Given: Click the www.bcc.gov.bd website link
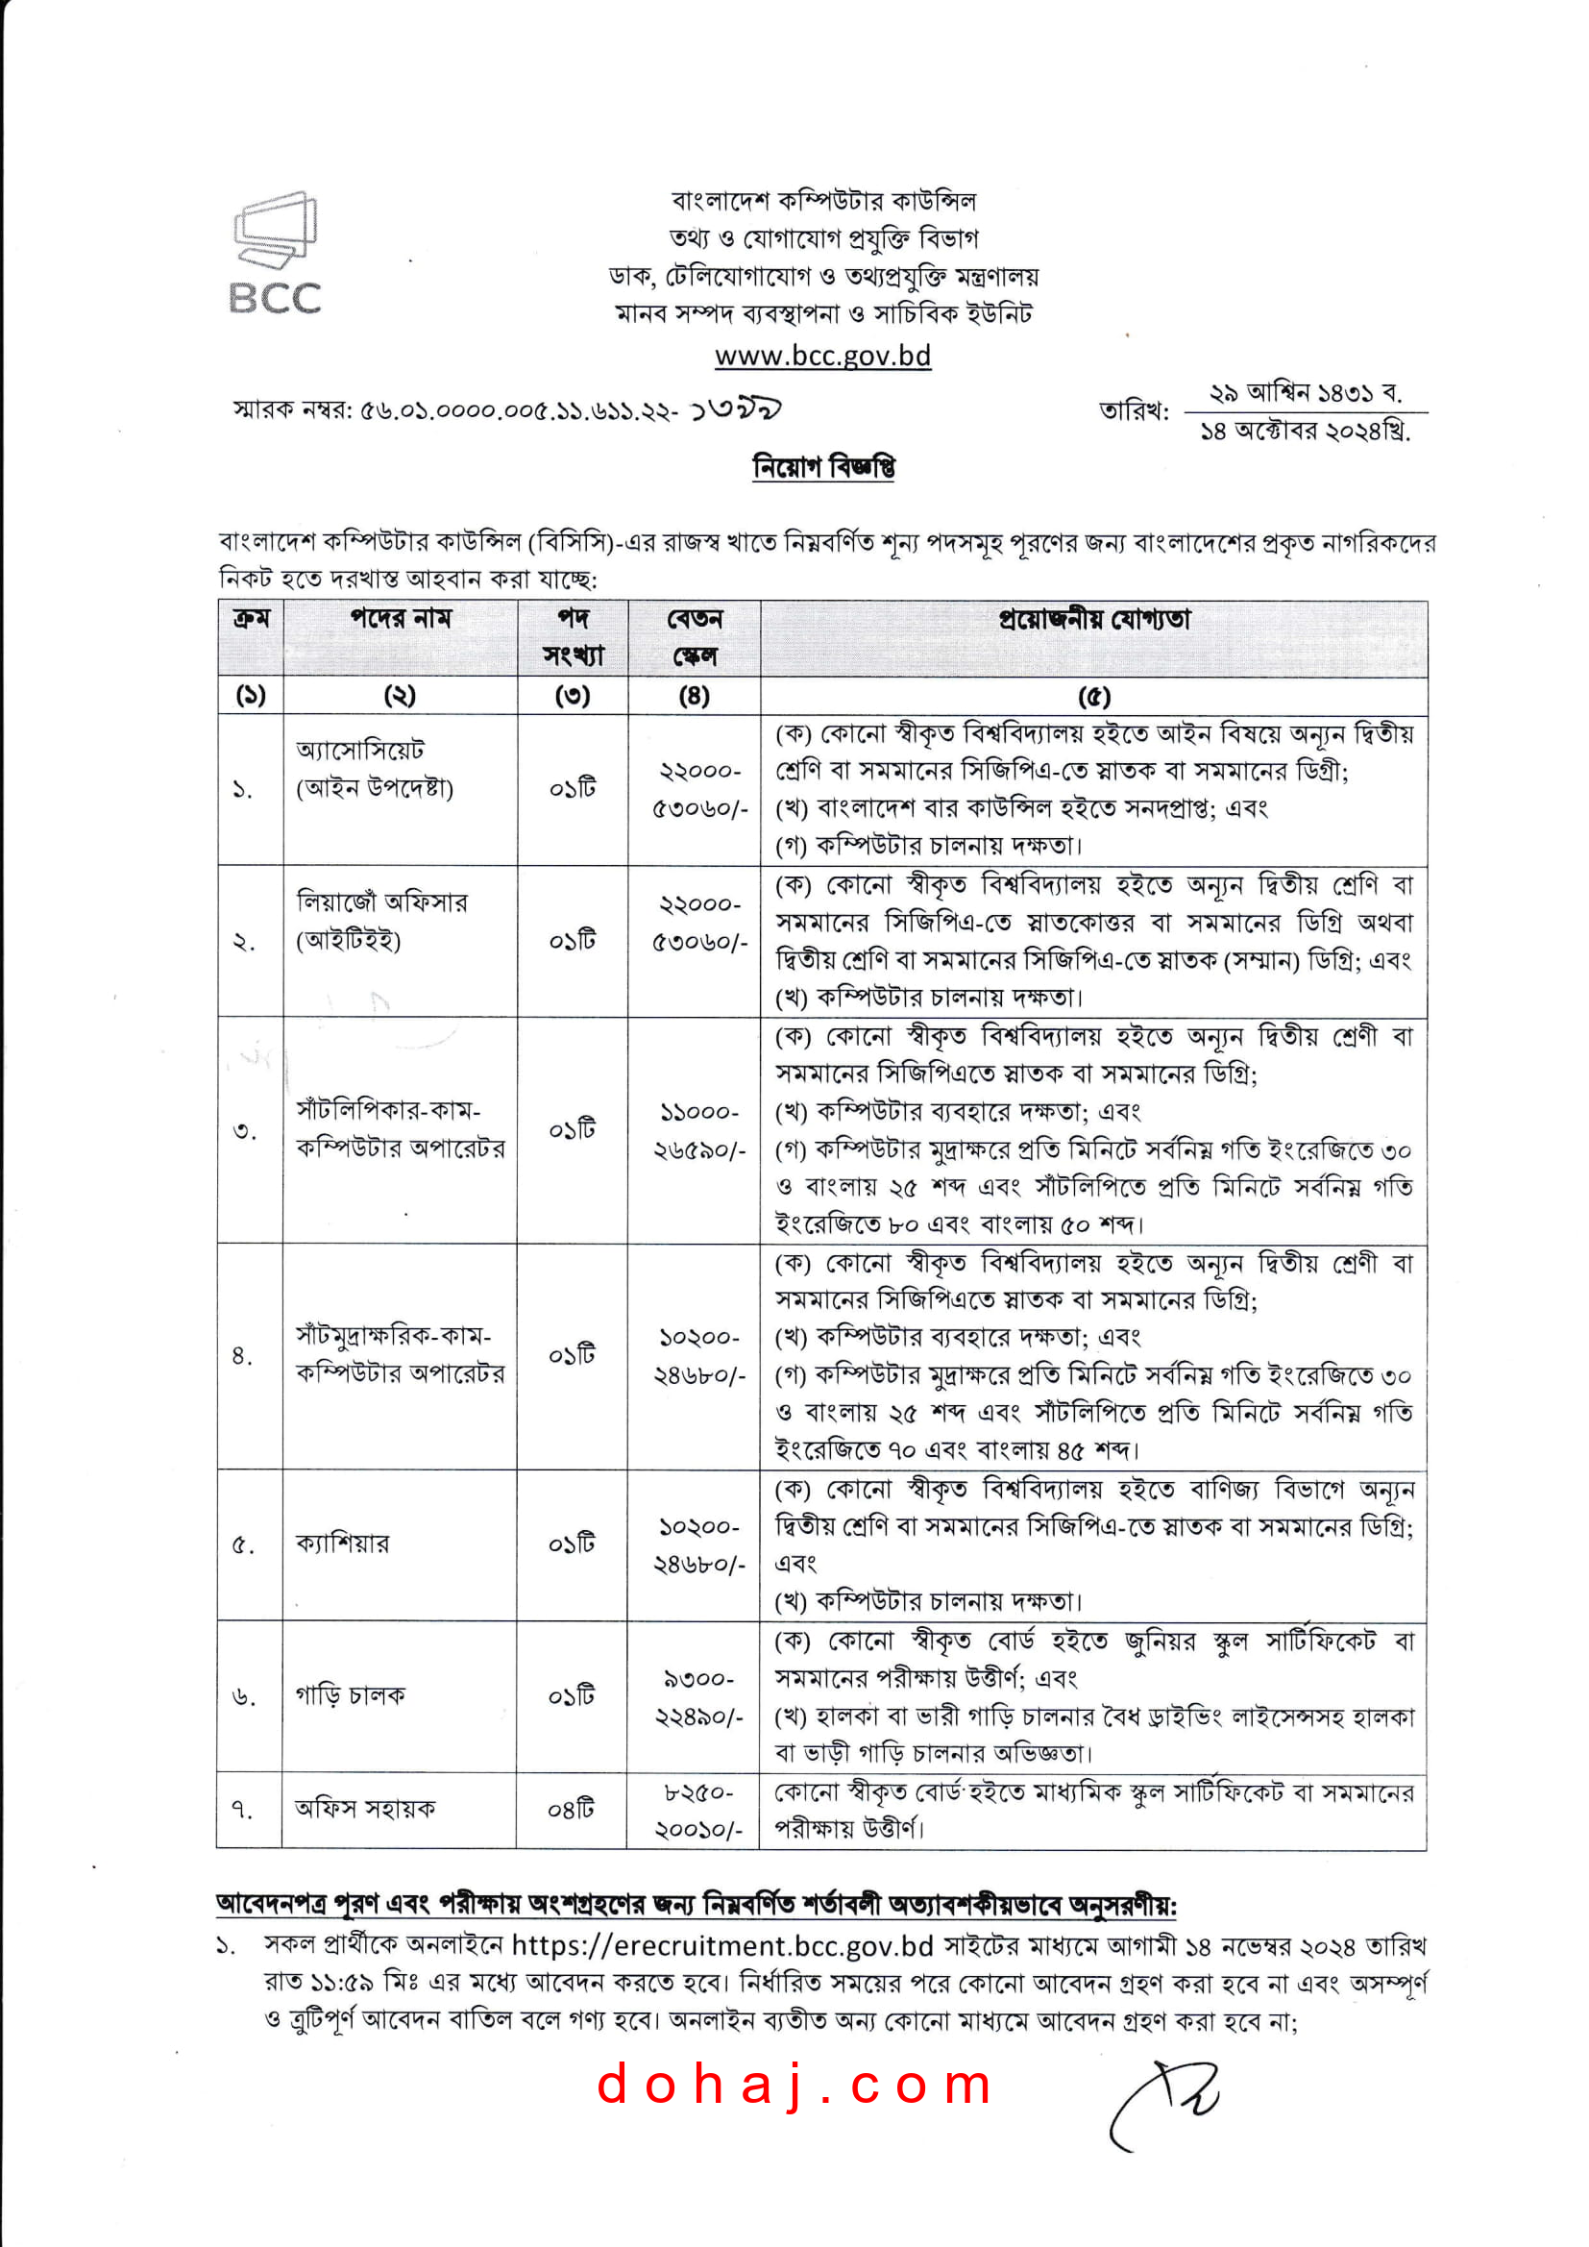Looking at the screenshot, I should point(822,356).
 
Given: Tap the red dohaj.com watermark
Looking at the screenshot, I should point(794,2085).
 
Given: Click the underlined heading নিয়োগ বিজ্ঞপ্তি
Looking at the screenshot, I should point(823,468).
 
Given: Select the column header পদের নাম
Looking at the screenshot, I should point(401,619).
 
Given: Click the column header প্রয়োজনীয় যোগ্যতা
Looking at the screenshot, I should point(1094,620).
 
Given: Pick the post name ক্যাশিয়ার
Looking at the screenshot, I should point(342,1543).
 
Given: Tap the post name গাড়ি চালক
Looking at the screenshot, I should point(350,1695).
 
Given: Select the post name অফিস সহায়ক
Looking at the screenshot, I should point(364,1809).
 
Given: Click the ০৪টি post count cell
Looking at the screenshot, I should point(572,1810).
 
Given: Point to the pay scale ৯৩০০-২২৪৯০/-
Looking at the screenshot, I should point(697,1698).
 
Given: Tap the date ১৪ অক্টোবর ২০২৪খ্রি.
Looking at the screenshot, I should point(1306,431).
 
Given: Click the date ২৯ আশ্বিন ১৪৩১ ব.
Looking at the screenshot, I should point(1306,393).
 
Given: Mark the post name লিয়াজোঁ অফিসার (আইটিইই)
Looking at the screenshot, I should point(381,921).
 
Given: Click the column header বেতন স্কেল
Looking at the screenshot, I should point(694,637).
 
